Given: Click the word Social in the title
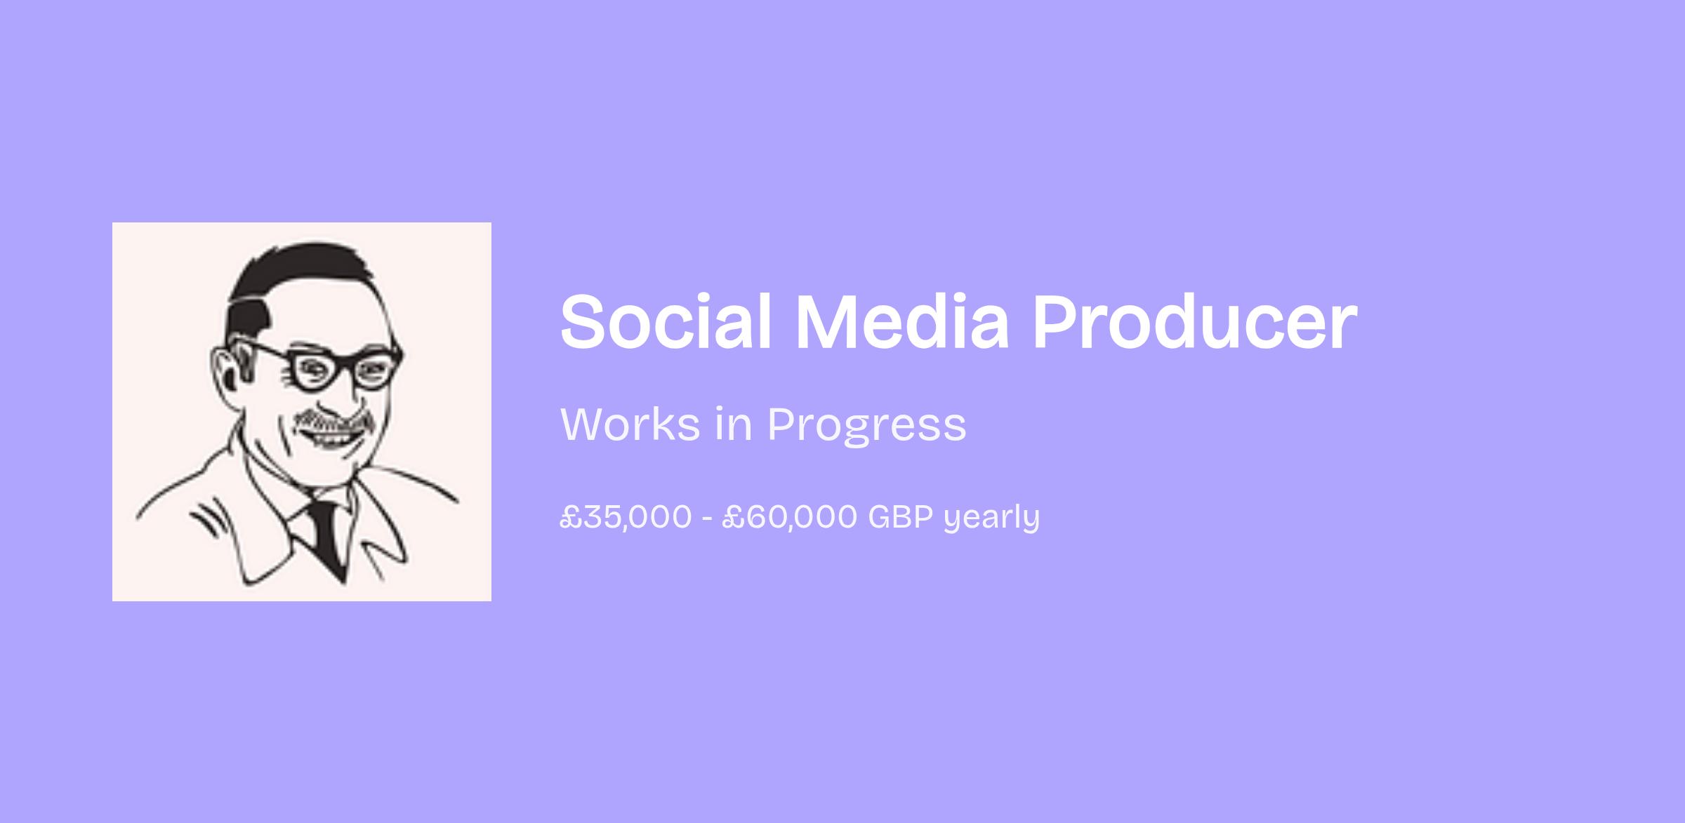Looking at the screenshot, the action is pos(666,321).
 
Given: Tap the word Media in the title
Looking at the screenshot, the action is pos(902,321).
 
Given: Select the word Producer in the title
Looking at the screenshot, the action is pos(1194,322).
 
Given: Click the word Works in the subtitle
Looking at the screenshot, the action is pos(630,424).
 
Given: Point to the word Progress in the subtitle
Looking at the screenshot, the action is pos(866,427).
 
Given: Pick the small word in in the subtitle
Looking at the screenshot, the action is pos(734,424).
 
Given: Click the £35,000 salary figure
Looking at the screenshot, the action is pos(626,517).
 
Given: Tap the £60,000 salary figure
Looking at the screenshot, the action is pos(789,517).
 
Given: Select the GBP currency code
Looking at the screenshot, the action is pos(901,516).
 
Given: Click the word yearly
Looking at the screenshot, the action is pos(991,518).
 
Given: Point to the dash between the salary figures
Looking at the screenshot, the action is pos(707,519).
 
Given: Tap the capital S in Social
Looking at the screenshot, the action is pos(584,321).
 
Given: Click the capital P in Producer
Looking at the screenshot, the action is pos(1056,321).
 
